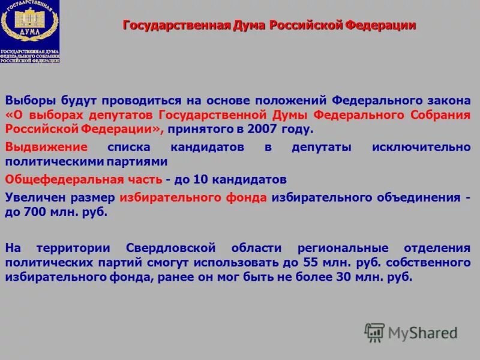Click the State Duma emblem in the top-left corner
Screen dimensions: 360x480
coord(30,31)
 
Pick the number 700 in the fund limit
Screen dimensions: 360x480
coord(34,212)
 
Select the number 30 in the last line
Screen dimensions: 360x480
coord(338,277)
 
